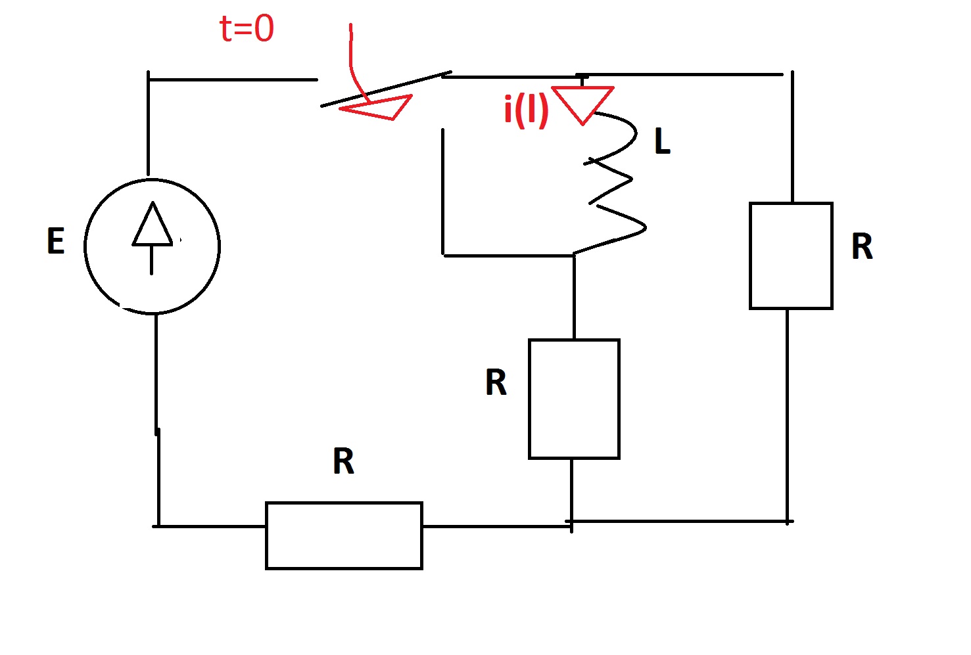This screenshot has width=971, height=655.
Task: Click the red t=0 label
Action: pyautogui.click(x=247, y=29)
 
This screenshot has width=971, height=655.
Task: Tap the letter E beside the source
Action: pyautogui.click(x=56, y=241)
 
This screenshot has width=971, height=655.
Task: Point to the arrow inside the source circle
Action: pyautogui.click(x=152, y=237)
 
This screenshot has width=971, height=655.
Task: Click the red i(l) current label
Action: pyautogui.click(x=526, y=111)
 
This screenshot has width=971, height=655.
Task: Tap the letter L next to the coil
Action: pyautogui.click(x=663, y=141)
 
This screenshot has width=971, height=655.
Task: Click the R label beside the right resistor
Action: pyautogui.click(x=862, y=246)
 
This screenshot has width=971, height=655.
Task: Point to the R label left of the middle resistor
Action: pyautogui.click(x=496, y=382)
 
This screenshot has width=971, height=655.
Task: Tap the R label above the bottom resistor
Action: pyautogui.click(x=344, y=461)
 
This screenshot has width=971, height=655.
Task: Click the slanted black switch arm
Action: pyautogui.click(x=386, y=89)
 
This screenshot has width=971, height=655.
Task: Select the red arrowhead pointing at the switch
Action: pyautogui.click(x=376, y=107)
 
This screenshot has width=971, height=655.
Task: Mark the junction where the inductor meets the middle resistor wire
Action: pyautogui.click(x=574, y=255)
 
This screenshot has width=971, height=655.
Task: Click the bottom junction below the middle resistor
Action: pyautogui.click(x=572, y=524)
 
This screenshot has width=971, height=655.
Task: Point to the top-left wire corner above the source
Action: pyautogui.click(x=149, y=79)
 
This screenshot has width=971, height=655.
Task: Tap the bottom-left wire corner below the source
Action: pyautogui.click(x=158, y=526)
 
